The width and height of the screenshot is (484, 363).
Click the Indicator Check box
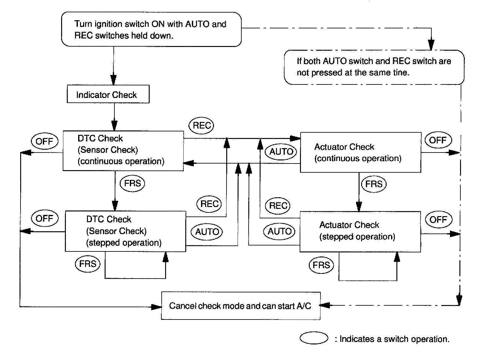(x=108, y=95)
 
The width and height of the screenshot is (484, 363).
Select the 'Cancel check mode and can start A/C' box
(x=240, y=306)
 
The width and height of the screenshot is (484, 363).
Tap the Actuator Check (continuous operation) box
(x=360, y=153)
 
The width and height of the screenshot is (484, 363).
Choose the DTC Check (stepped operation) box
(x=125, y=231)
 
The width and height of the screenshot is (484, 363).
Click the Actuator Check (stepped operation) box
(x=360, y=231)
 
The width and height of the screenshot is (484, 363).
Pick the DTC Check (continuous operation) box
(x=123, y=151)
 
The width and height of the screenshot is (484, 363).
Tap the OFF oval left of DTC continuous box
(x=44, y=141)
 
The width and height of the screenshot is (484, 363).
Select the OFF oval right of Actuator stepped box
(x=438, y=220)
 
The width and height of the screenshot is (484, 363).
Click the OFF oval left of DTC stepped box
(x=44, y=219)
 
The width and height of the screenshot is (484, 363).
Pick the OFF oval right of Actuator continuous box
(x=438, y=140)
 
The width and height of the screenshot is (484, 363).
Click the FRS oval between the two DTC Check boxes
(x=132, y=183)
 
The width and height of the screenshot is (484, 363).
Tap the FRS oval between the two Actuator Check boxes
(x=374, y=184)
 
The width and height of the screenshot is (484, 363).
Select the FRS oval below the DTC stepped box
(x=88, y=263)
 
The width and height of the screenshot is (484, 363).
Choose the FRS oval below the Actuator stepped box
(x=321, y=265)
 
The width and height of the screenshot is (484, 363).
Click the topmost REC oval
(x=201, y=126)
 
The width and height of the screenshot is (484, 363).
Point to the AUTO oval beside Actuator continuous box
(x=281, y=152)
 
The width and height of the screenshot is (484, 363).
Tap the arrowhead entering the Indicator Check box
(x=114, y=80)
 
